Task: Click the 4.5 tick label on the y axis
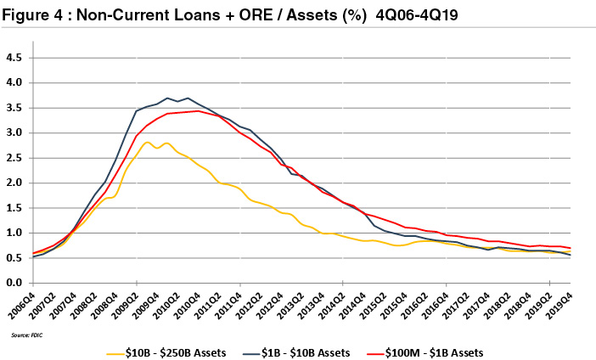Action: tap(14, 58)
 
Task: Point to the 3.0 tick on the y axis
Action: tap(14, 133)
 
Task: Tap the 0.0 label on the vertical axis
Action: tap(14, 283)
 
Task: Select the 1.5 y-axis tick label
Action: tap(14, 208)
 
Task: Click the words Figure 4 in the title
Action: tap(38, 16)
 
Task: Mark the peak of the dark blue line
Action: tap(168, 98)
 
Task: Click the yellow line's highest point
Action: tap(149, 142)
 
